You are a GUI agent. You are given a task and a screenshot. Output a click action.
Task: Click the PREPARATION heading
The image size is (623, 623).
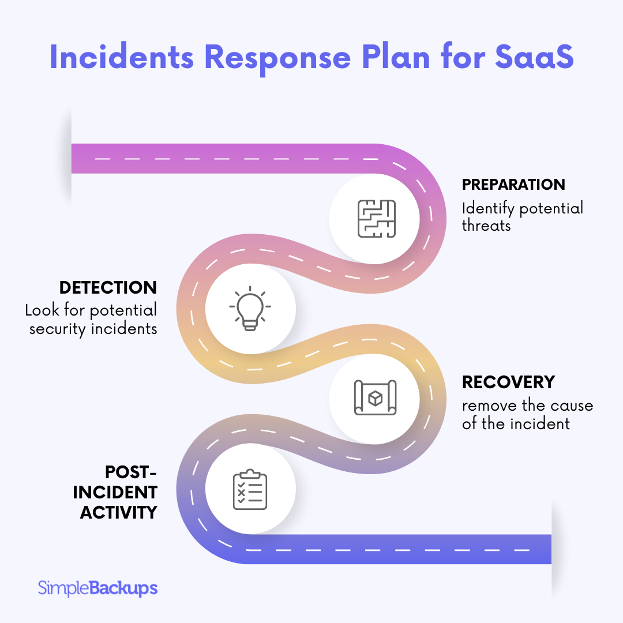tap(513, 185)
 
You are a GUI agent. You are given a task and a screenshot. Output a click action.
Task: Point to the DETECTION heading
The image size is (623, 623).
tap(108, 287)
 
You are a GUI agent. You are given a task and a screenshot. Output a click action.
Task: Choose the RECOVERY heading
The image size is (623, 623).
tap(508, 382)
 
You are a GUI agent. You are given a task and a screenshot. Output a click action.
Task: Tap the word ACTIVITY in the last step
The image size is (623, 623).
tap(118, 512)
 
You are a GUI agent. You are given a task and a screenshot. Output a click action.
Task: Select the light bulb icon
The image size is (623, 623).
tap(250, 308)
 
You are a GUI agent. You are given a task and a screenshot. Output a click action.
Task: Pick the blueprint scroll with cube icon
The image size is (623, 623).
tap(375, 397)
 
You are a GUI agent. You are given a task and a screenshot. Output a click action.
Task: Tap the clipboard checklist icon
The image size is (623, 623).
tap(250, 490)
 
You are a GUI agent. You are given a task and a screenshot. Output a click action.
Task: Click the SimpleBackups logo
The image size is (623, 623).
tap(97, 588)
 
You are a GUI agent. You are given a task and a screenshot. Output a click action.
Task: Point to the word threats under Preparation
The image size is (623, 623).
tap(486, 226)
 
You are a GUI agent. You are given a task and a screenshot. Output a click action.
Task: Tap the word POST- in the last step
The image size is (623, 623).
tap(131, 471)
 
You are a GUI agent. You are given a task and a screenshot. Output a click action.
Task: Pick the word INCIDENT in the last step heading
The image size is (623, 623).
tap(119, 492)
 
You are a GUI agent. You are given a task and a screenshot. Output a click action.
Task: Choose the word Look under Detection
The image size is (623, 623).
tap(41, 310)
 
